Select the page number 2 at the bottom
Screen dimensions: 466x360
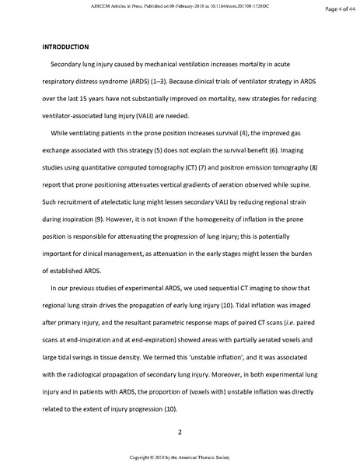[x=180, y=432]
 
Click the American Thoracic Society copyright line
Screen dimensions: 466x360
[x=180, y=457]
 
